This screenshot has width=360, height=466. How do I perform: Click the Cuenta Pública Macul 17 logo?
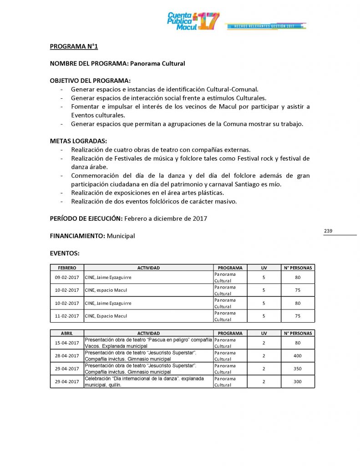(x=193, y=21)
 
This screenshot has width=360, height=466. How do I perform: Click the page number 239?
(x=328, y=231)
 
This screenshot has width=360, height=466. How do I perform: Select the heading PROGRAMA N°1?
(x=74, y=46)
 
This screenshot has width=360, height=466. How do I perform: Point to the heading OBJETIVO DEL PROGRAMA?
(x=90, y=81)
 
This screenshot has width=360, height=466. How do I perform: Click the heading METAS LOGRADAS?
(x=78, y=141)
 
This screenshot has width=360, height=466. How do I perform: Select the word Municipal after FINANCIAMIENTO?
(x=121, y=236)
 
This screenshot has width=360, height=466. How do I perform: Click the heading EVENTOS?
(x=65, y=253)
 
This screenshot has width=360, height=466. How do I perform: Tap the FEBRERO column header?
(x=67, y=268)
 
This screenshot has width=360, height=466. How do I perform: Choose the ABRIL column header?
(x=67, y=333)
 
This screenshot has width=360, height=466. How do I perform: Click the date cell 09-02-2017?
(x=67, y=277)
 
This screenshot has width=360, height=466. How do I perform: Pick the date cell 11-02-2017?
(x=67, y=316)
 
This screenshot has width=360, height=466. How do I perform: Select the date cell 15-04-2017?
(x=67, y=343)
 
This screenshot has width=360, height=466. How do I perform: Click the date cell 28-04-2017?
(x=67, y=355)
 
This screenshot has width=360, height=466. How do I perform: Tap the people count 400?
(x=298, y=355)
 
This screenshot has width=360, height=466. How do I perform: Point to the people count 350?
(x=298, y=369)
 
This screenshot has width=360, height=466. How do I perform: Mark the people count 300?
(x=298, y=381)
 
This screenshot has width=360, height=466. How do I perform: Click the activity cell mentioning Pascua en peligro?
(x=148, y=343)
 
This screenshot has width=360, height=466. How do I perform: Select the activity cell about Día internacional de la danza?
(x=148, y=381)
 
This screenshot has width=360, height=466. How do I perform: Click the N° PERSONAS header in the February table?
(x=298, y=268)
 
